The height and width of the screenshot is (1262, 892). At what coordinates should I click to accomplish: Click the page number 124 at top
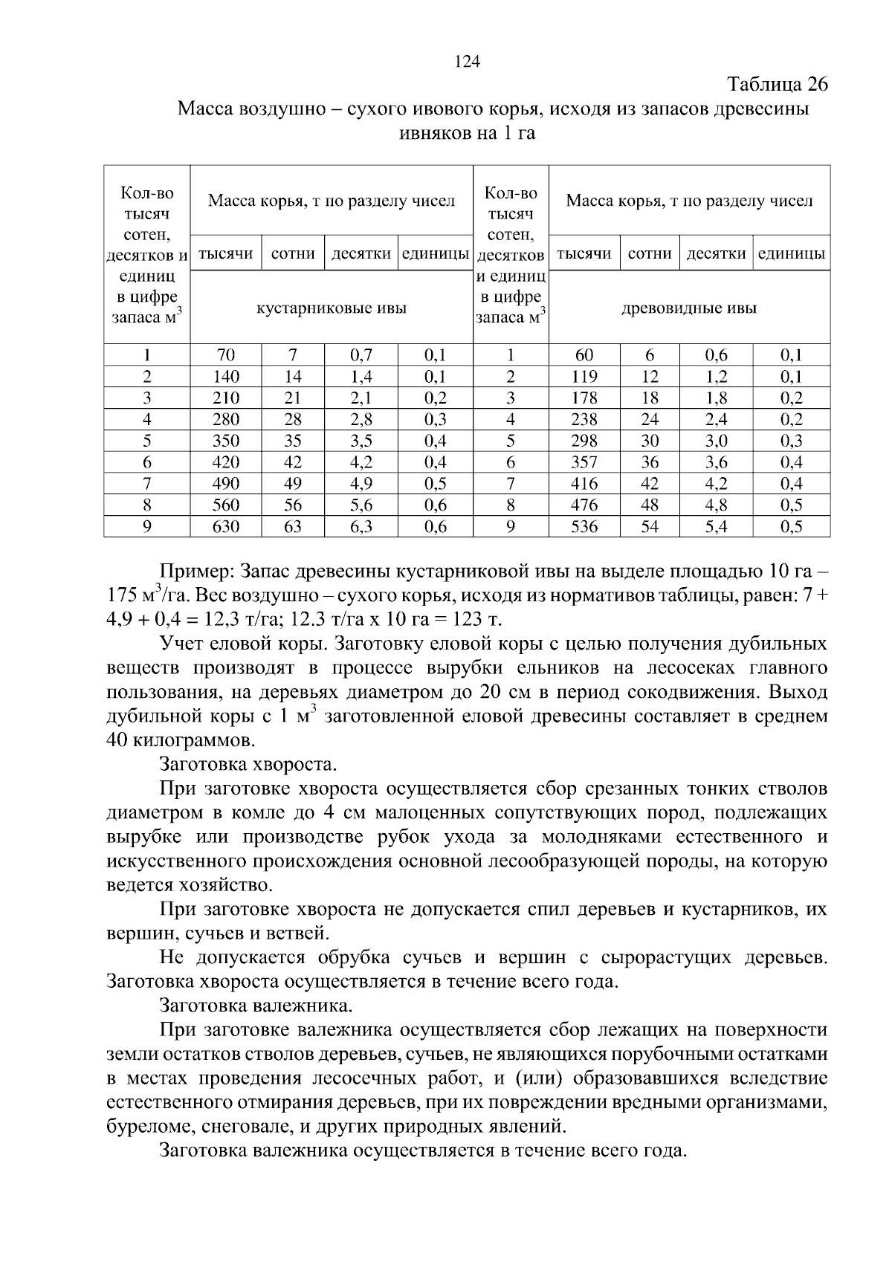coord(468,62)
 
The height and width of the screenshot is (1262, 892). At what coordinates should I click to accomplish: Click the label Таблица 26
coord(777,84)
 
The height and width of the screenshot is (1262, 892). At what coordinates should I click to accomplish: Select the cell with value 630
coord(226,527)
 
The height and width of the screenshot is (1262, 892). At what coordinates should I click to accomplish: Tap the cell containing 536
coord(584,527)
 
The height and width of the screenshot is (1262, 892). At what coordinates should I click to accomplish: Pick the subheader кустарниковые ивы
coord(332,308)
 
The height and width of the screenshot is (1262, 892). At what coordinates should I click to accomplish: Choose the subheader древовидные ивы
coord(689,308)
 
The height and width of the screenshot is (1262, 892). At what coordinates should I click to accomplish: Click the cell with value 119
coord(584,376)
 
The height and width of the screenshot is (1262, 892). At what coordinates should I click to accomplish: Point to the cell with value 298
coord(584,441)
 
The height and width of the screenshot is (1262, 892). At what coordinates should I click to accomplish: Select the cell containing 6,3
coord(361,527)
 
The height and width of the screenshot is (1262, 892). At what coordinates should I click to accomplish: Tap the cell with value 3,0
coord(717,441)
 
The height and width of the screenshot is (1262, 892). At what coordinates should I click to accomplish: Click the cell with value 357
coord(584,462)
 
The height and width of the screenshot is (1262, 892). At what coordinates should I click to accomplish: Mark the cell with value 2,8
coord(361,419)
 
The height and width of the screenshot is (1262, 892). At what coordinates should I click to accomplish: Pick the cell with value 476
coord(584,505)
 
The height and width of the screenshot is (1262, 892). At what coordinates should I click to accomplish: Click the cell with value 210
coord(226,398)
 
